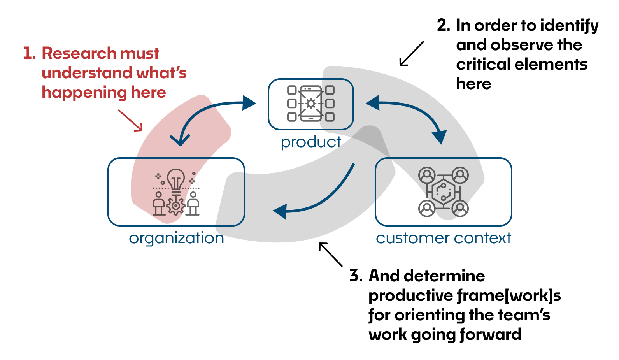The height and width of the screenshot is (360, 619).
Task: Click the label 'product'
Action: [x=311, y=142]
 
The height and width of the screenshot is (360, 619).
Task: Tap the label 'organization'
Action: [x=176, y=238]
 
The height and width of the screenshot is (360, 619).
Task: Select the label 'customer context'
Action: [x=443, y=238]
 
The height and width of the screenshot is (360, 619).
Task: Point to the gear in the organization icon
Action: [x=176, y=205]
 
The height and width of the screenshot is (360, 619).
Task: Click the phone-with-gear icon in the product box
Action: [x=310, y=104]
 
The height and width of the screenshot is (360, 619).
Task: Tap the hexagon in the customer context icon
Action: [x=443, y=191]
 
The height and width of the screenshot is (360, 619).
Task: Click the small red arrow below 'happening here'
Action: [x=131, y=120]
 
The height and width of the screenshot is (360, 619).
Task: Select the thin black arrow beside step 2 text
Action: [x=411, y=54]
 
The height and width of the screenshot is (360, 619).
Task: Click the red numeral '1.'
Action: [x=30, y=53]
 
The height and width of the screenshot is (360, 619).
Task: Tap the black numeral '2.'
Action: [x=444, y=25]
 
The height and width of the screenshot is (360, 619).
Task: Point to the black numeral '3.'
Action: [x=356, y=276]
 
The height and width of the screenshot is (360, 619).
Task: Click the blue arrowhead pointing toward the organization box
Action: [x=280, y=212]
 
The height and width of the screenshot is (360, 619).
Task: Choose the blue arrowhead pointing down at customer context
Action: [x=440, y=137]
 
